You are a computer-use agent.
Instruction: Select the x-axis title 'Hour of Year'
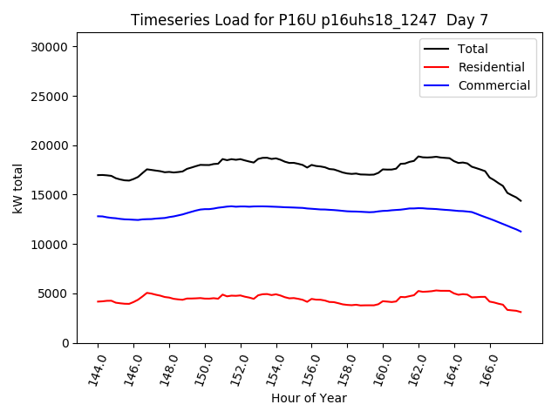tap(309, 398)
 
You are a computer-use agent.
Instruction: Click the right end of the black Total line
tap(521, 201)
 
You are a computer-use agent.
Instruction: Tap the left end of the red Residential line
tap(99, 301)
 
